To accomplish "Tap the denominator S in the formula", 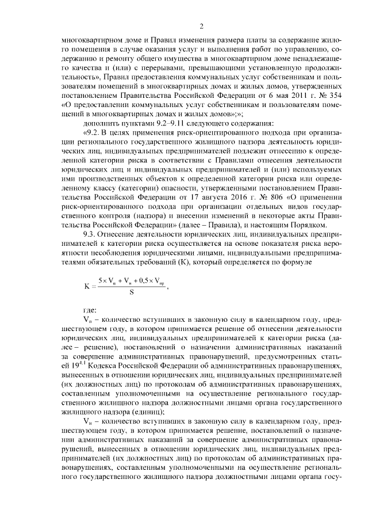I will pyautogui.click(x=132, y=291).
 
